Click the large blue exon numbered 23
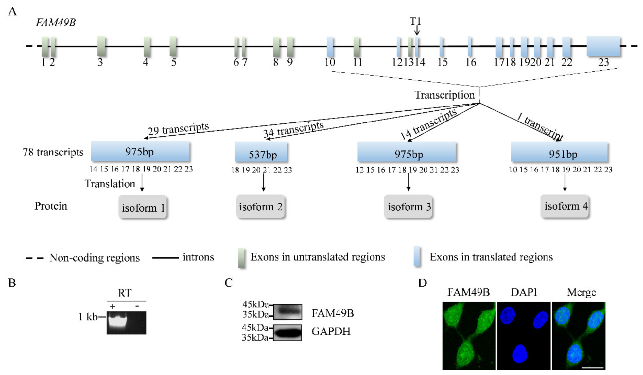tap(603, 46)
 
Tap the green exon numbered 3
tap(101, 46)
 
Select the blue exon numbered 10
tap(330, 46)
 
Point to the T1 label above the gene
tap(416, 22)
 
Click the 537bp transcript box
tap(261, 152)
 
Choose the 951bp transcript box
tap(559, 152)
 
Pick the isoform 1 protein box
tap(143, 207)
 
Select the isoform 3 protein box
tap(408, 206)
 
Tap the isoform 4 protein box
tap(565, 206)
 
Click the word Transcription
tap(444, 95)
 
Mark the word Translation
tap(110, 184)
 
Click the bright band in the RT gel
tap(117, 320)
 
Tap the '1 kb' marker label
tap(88, 317)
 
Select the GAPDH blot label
tap(331, 332)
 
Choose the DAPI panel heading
tap(524, 292)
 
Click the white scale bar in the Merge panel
tap(593, 368)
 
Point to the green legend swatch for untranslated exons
tap(242, 258)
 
